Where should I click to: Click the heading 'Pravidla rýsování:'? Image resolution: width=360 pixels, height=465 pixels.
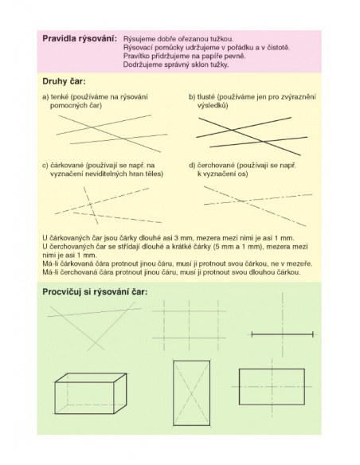(x=80, y=39)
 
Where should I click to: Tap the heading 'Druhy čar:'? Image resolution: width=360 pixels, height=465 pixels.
(x=64, y=81)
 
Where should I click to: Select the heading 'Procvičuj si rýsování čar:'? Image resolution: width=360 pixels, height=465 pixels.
(x=95, y=291)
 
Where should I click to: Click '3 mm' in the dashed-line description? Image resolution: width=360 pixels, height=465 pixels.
(x=186, y=238)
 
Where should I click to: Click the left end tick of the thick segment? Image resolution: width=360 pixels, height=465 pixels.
(x=252, y=334)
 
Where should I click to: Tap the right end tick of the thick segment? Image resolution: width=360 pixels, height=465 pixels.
(x=313, y=334)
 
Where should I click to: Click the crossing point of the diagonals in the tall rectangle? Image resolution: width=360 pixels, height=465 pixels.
(x=191, y=393)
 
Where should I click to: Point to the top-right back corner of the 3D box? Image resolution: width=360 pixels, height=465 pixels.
(x=127, y=373)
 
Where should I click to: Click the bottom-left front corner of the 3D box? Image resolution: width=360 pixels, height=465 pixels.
(x=56, y=413)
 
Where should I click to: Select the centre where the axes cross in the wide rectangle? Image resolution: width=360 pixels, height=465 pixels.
(x=272, y=387)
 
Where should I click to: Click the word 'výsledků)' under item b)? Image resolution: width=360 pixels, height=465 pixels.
(x=213, y=106)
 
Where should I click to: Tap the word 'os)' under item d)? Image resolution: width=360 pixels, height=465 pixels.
(x=243, y=174)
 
